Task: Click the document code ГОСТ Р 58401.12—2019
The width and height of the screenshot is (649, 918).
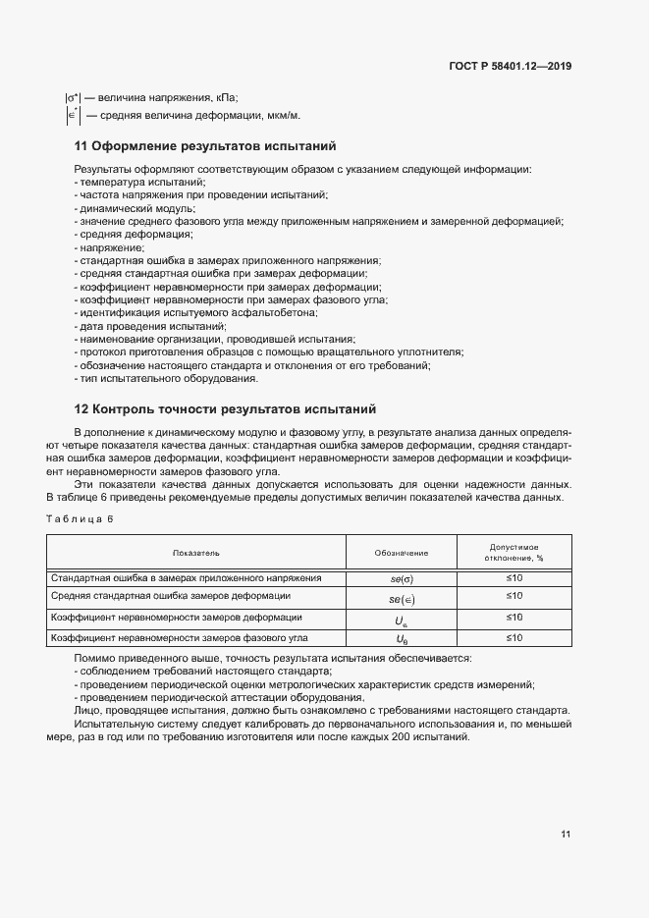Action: point(510,67)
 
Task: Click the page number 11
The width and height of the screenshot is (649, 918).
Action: point(566,835)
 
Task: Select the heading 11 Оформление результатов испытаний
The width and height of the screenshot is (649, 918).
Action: point(205,146)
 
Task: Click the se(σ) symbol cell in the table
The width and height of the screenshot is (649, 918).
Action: point(402,578)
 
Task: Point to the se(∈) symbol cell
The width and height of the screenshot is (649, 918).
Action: point(402,598)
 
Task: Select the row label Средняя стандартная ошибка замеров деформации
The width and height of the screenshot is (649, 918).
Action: point(170,596)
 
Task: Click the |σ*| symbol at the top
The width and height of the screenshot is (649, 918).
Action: point(72,97)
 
